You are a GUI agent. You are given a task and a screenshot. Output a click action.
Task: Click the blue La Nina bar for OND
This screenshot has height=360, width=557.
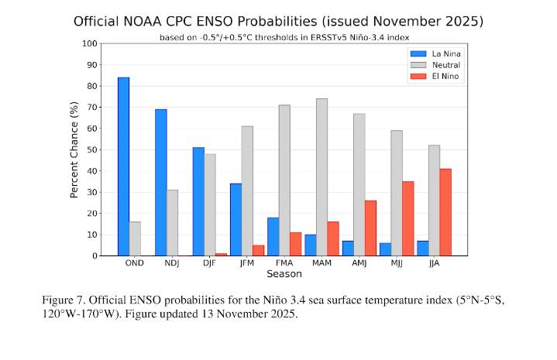pos(123,166)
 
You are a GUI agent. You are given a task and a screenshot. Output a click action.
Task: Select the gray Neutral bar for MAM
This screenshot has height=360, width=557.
pos(321,177)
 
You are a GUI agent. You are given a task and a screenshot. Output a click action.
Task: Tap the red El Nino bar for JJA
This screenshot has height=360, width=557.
pos(445,212)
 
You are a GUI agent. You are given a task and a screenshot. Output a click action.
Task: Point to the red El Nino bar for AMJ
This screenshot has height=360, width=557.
pos(370,228)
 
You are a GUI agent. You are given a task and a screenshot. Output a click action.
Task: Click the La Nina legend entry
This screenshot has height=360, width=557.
pos(435,53)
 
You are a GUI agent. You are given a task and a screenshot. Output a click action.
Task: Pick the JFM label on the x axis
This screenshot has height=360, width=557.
pos(247,264)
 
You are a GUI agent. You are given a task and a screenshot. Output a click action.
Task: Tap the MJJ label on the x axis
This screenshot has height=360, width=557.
pos(397,264)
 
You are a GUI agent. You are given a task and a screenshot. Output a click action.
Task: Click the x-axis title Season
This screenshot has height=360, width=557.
pos(284,274)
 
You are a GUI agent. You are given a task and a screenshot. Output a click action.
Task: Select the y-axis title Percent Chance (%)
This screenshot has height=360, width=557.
pos(75,149)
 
